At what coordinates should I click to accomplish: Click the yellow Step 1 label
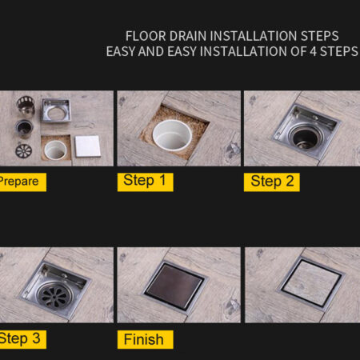tap(146, 182)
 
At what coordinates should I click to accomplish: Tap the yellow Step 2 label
tap(272, 182)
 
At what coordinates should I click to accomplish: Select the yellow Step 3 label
tap(23, 339)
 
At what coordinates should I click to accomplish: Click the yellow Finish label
tap(146, 339)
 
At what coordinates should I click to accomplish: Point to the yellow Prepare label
tap(23, 182)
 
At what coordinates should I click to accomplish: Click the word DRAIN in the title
tap(188, 36)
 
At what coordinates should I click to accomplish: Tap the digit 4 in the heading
tap(313, 51)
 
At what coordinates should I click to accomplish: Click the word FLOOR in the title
tap(146, 36)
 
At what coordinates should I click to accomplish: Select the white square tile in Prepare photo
tap(88, 146)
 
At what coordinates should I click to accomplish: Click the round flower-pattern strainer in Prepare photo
tap(23, 150)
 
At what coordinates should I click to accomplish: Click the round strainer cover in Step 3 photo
tap(55, 295)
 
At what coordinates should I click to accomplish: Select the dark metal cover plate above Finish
tap(174, 286)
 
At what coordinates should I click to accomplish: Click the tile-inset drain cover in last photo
tap(311, 283)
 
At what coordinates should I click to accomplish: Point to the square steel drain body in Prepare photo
tap(56, 110)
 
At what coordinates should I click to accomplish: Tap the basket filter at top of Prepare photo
tap(26, 105)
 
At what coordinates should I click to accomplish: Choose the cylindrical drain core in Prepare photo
tap(24, 128)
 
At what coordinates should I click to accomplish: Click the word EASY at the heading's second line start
tap(121, 51)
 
